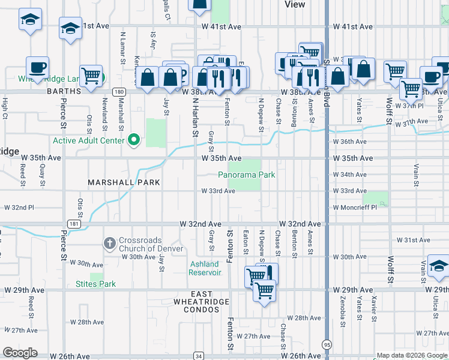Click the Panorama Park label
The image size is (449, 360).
(x=246, y=175)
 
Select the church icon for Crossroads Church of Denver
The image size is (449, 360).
(x=109, y=244)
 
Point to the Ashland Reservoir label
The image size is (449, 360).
(x=205, y=268)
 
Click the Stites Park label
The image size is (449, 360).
(x=95, y=284)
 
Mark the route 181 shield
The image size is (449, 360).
(x=74, y=224)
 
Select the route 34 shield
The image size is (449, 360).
(x=198, y=356)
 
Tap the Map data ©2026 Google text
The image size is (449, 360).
(x=412, y=355)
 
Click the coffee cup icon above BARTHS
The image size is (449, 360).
(x=37, y=67)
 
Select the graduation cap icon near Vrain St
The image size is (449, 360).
(x=439, y=266)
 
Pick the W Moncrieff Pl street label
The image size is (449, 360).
(x=354, y=207)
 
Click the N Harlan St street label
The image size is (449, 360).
(x=194, y=118)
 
